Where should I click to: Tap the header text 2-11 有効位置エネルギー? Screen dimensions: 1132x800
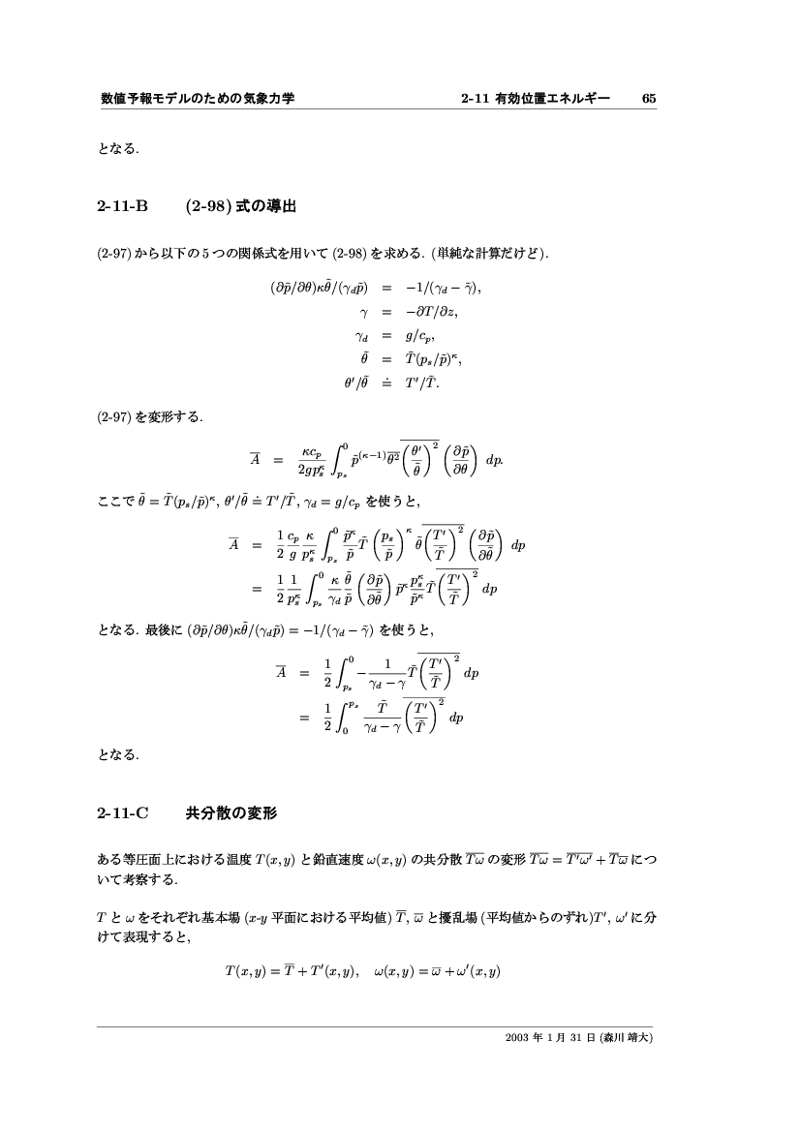(x=536, y=98)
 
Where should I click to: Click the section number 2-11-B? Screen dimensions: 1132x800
(x=123, y=206)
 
